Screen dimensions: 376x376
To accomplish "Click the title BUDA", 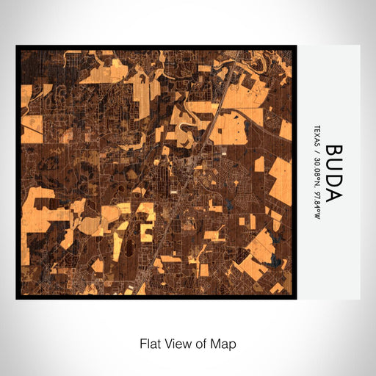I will [333, 173].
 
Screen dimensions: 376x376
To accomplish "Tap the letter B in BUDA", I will [333, 151].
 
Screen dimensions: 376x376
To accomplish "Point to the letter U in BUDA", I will [333, 165].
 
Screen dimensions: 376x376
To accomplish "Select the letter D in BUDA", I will [333, 181].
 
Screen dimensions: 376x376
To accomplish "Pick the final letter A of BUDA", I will [333, 195].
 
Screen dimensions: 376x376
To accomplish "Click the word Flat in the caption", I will [151, 344].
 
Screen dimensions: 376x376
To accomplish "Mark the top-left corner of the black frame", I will [17, 46].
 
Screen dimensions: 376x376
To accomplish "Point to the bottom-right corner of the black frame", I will [296, 298].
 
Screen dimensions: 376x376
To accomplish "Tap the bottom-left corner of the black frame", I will [17, 298].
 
